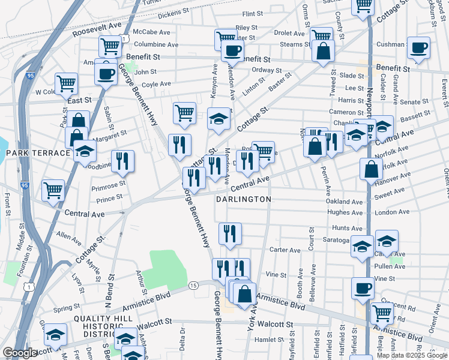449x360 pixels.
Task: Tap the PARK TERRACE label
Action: (38, 153)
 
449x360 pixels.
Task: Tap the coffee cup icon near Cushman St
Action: (418, 47)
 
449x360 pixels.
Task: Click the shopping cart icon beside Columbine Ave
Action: (110, 46)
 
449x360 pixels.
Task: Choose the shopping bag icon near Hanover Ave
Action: (372, 169)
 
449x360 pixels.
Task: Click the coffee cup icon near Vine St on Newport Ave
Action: (363, 287)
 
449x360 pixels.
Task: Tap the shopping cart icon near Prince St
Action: (53, 190)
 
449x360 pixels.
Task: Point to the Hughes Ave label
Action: (345, 212)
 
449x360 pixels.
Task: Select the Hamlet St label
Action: (265, 339)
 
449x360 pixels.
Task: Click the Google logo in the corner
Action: (20, 353)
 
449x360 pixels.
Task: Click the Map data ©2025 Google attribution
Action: (412, 355)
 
